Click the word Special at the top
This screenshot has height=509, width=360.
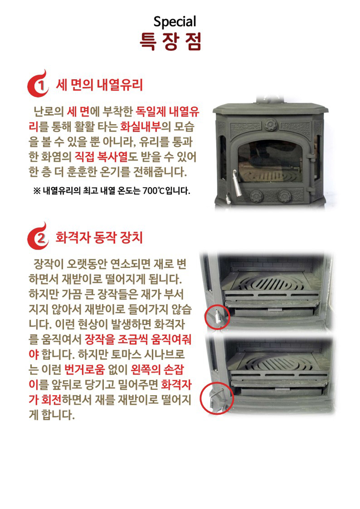point(175,22)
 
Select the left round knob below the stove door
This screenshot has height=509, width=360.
point(257,196)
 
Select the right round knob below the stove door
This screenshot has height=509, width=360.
point(283,196)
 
